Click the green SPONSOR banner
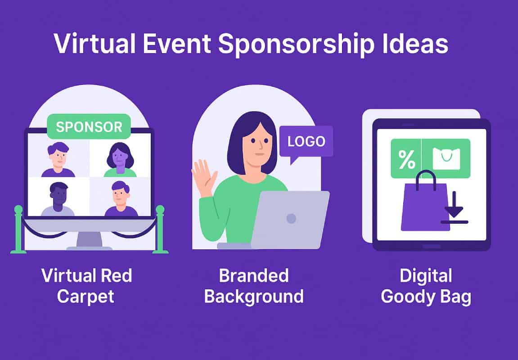(89, 126)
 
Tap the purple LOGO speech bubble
(306, 142)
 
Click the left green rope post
(18, 229)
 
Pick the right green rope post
(160, 229)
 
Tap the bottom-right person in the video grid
(120, 199)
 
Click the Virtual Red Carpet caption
(86, 286)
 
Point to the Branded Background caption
(253, 286)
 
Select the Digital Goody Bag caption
(426, 286)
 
